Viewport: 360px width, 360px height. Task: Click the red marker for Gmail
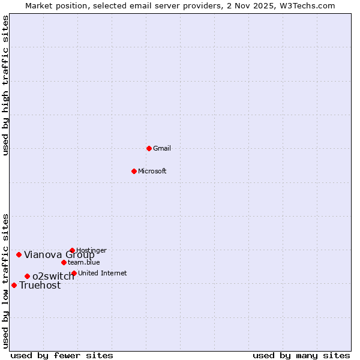point(149,148)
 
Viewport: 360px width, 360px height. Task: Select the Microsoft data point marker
point(134,171)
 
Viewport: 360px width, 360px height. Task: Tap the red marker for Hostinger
point(72,250)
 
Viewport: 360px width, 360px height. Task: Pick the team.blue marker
point(64,262)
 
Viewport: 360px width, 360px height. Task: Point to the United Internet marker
point(74,273)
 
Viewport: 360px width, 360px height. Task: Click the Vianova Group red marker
point(19,254)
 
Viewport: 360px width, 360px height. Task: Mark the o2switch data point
point(27,276)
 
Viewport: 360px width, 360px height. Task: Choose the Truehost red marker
point(14,285)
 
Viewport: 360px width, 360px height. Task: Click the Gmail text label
point(162,148)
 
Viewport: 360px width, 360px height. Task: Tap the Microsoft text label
point(152,171)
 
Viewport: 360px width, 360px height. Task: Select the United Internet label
point(103,273)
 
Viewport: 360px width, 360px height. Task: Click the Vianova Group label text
point(59,254)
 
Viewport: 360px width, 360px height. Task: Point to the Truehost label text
point(40,286)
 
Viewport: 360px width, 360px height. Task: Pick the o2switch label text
point(53,276)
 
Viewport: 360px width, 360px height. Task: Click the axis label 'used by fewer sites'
point(62,355)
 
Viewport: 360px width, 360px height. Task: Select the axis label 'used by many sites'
point(301,355)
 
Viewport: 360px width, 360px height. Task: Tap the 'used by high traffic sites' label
point(5,85)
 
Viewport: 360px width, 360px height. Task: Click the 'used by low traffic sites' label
point(5,281)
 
